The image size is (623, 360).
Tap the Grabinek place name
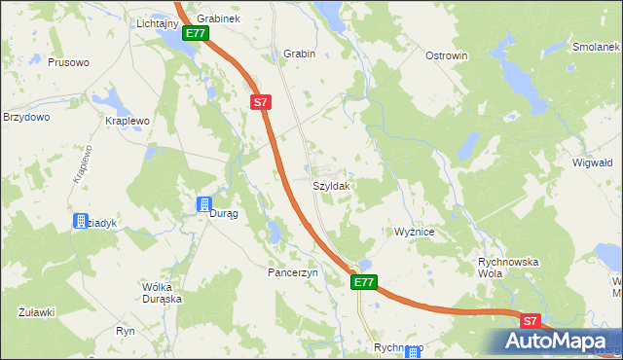(x=218, y=18)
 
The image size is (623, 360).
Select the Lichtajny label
(x=157, y=21)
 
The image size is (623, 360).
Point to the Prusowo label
(x=68, y=62)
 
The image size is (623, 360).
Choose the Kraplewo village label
(x=127, y=122)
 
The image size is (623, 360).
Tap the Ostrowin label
(x=447, y=55)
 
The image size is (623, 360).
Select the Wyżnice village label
(x=420, y=233)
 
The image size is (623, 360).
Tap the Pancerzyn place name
(x=293, y=273)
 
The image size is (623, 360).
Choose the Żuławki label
(x=36, y=312)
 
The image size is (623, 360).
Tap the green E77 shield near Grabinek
(x=196, y=33)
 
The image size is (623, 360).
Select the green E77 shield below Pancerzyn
(x=363, y=282)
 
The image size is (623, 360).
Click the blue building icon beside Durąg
(x=203, y=204)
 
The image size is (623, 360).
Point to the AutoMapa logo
(x=558, y=341)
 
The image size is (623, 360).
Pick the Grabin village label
(x=299, y=54)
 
